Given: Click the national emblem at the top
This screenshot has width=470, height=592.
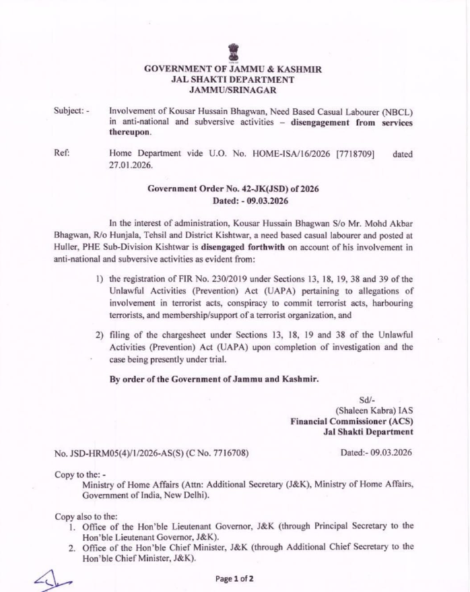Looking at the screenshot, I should pos(233,51).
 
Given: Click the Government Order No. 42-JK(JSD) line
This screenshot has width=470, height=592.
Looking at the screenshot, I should pos(233,188).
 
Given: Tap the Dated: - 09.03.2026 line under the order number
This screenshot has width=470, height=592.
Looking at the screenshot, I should pos(233,199).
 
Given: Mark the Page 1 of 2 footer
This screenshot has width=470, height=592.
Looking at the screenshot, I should pos(234,579).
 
